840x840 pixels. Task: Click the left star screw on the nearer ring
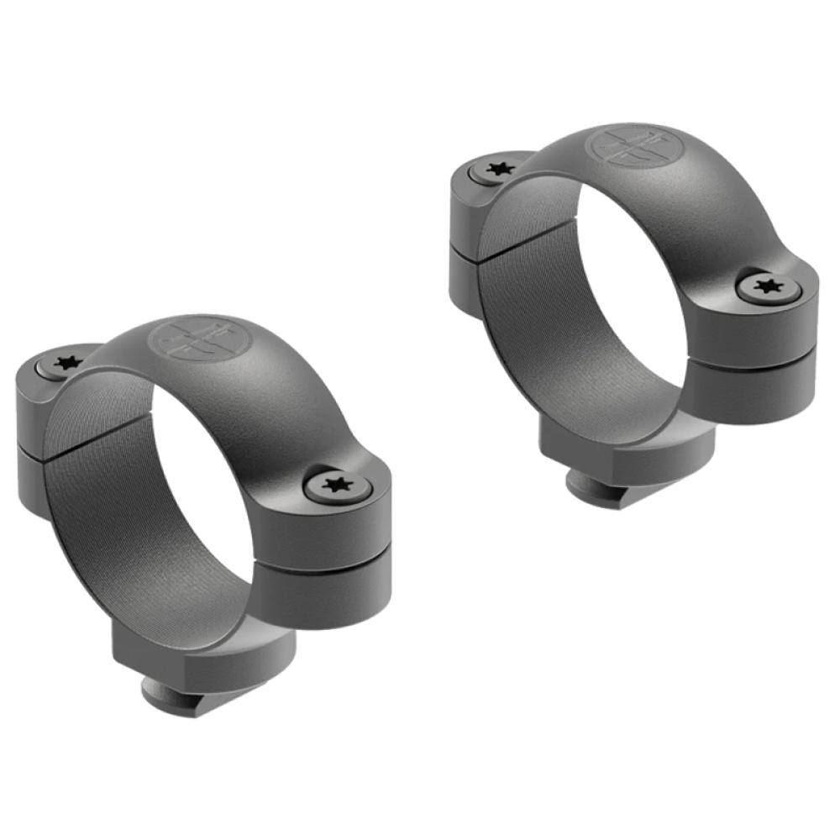[64, 364]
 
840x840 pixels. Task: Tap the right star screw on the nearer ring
[338, 486]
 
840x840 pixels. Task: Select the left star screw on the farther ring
[500, 169]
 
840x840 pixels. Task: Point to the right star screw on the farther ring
[768, 287]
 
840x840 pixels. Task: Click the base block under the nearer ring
[202, 655]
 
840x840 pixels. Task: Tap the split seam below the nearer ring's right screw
[328, 565]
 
